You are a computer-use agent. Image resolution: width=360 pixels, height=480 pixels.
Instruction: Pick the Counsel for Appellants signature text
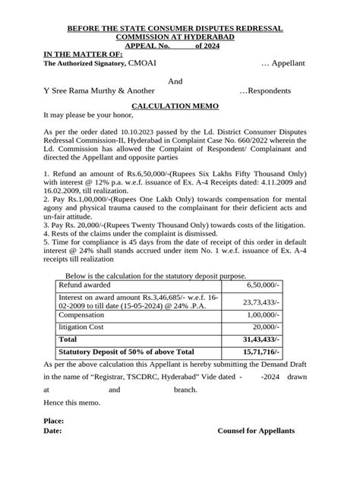[x=257, y=431]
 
